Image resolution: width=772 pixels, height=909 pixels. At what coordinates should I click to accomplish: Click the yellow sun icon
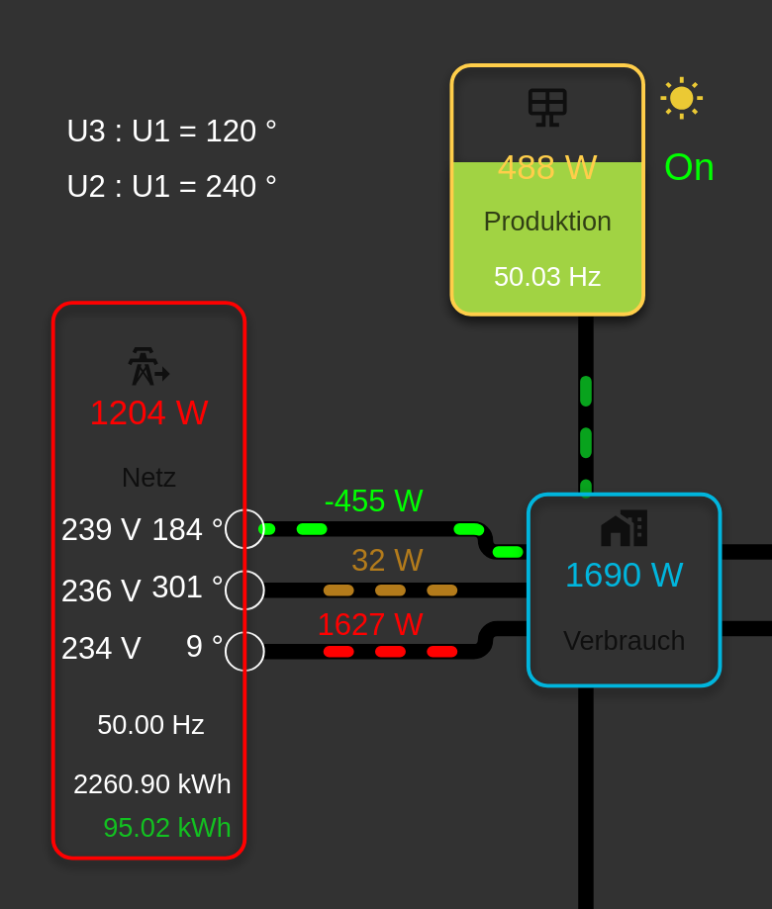(x=681, y=98)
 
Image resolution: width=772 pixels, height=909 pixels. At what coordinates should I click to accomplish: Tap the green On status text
(x=689, y=167)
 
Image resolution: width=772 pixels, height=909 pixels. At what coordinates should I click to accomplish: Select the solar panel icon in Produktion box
(x=547, y=108)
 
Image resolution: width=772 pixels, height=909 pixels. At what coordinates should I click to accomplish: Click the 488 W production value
(x=547, y=168)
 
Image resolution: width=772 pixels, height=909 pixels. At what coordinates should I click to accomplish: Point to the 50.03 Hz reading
(x=547, y=277)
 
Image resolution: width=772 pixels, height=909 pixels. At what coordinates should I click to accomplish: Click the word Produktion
(x=547, y=222)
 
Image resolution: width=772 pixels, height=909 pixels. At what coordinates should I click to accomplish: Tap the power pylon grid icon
(x=147, y=366)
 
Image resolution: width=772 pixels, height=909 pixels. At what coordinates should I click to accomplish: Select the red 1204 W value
(x=148, y=413)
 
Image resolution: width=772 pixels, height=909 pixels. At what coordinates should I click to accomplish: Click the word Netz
(x=148, y=478)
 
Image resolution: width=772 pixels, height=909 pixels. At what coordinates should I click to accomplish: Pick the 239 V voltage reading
(x=101, y=530)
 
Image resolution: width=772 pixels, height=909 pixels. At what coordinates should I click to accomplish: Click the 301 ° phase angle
(x=187, y=588)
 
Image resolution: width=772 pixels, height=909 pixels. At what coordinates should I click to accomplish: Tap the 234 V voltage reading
(x=101, y=649)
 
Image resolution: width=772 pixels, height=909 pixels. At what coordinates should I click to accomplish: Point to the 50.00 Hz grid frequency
(x=150, y=725)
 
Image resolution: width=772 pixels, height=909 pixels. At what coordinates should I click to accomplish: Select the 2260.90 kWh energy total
(x=151, y=784)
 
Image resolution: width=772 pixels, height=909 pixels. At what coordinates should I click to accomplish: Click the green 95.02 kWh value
(x=166, y=828)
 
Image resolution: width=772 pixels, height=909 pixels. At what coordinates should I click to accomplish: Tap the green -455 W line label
(x=373, y=501)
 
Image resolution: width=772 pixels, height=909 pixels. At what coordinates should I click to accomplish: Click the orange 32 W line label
(x=387, y=561)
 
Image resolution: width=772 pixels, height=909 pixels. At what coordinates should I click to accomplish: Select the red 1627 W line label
(x=370, y=624)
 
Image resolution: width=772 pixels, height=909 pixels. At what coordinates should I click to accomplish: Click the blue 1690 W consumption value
(x=624, y=576)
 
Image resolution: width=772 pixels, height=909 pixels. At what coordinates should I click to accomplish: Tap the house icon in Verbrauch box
(x=624, y=528)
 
